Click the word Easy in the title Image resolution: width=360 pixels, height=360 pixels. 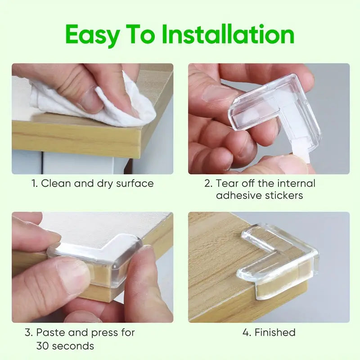click(x=92, y=35)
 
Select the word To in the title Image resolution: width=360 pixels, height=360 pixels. click(x=140, y=34)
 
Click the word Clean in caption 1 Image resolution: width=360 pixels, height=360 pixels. click(x=56, y=184)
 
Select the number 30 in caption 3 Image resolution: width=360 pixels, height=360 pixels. click(x=43, y=346)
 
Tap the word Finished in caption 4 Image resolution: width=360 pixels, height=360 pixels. click(x=275, y=333)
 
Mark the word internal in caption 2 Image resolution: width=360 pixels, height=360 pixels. click(x=296, y=184)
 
